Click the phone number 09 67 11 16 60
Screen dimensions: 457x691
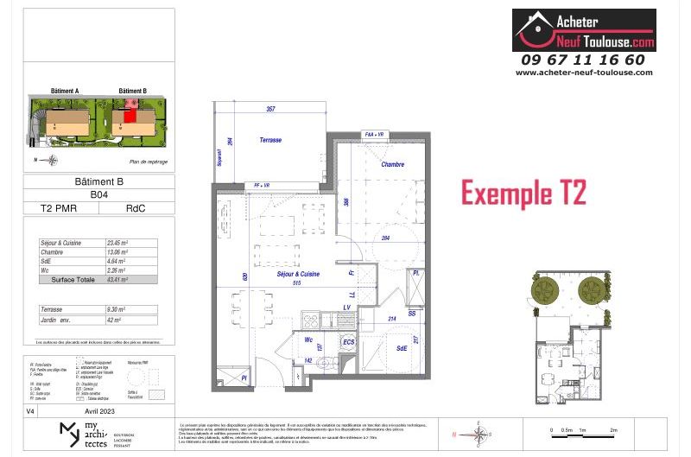pyautogui.click(x=583, y=60)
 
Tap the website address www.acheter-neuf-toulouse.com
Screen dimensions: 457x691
pyautogui.click(x=583, y=73)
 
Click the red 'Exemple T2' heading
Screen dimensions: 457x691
pyautogui.click(x=523, y=193)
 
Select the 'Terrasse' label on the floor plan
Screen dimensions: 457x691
pyautogui.click(x=271, y=139)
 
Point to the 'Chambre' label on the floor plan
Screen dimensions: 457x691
pyautogui.click(x=393, y=164)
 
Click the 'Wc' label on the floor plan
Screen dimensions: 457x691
pyautogui.click(x=307, y=340)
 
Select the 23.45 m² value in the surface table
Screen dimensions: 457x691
pyautogui.click(x=117, y=244)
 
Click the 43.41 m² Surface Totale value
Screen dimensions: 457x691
pyautogui.click(x=117, y=280)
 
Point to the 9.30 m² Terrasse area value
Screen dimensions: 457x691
pyautogui.click(x=116, y=308)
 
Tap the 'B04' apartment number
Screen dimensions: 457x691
pyautogui.click(x=100, y=195)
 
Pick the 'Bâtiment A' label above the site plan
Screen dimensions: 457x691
pyautogui.click(x=65, y=91)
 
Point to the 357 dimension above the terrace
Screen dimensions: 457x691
pyautogui.click(x=269, y=109)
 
